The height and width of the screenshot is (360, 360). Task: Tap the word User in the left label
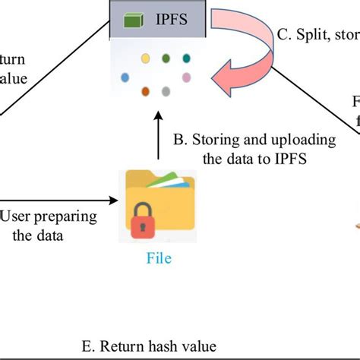pos(17,217)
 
